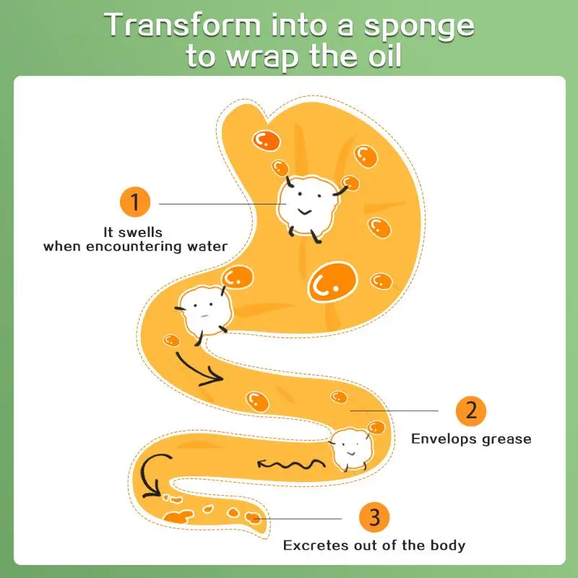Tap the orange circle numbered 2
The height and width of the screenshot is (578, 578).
pyautogui.click(x=471, y=410)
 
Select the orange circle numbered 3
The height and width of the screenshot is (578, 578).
pyautogui.click(x=374, y=517)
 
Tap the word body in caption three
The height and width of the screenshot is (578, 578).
pyautogui.click(x=449, y=545)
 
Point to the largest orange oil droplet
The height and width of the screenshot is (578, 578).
pyautogui.click(x=332, y=282)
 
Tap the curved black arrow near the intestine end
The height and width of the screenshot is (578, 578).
pyautogui.click(x=155, y=475)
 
